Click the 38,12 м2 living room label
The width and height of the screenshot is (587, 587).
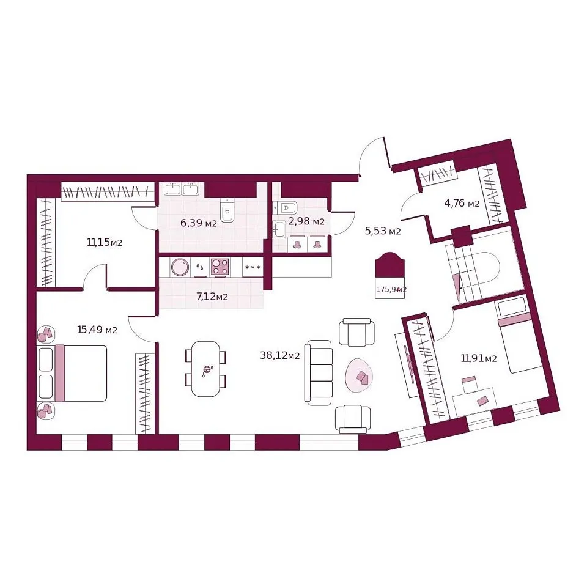[279, 355]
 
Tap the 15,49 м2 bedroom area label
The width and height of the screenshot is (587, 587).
[97, 330]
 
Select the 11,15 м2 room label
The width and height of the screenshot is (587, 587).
[105, 242]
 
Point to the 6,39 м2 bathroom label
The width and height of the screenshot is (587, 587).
[198, 223]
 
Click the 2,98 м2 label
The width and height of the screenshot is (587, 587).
[306, 221]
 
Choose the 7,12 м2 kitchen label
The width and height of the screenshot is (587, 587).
[212, 297]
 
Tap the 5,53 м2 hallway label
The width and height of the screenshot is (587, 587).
[383, 231]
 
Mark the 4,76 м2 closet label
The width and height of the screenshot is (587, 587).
[462, 203]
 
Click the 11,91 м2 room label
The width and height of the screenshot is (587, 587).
[479, 359]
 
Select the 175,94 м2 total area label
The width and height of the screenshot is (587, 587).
[391, 289]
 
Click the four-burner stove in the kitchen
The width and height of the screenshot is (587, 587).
[220, 267]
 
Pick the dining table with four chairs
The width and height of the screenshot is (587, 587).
[205, 369]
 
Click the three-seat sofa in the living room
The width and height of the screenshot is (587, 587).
[318, 372]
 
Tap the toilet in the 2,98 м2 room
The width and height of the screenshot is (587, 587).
[287, 207]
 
